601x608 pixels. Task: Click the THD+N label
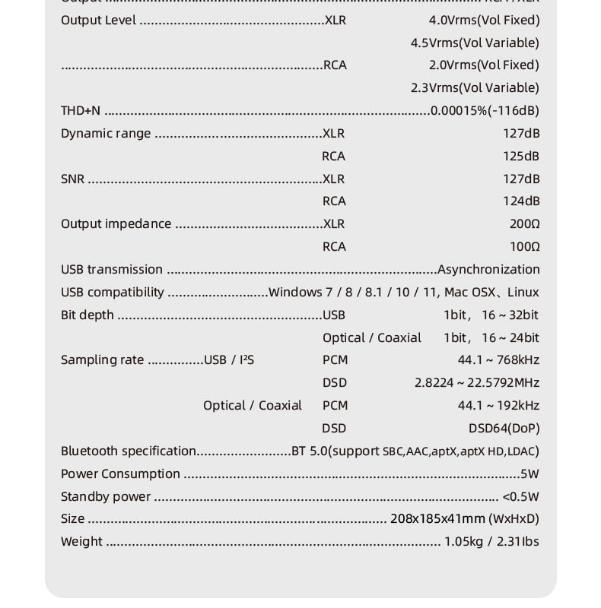pos(80,110)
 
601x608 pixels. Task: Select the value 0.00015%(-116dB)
pos(485,110)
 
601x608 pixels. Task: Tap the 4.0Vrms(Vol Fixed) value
pos(484,20)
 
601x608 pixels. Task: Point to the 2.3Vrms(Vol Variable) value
pos(475,87)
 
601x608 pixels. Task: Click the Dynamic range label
pos(106,133)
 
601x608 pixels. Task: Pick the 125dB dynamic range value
pos(521,156)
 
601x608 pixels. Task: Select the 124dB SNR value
pos(521,201)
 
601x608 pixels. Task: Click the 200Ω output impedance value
pos(524,223)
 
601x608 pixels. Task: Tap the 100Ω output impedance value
pos(524,246)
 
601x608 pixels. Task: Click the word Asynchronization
pos(488,269)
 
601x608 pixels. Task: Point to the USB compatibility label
pos(112,292)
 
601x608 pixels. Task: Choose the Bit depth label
pos(87,315)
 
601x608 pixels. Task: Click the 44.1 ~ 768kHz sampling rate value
pos(498,359)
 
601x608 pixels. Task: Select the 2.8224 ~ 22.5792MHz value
pos(476,382)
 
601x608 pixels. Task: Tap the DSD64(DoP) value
pos(504,428)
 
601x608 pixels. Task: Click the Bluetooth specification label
pos(128,451)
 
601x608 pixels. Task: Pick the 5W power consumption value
pos(529,473)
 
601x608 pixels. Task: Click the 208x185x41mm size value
pos(437,518)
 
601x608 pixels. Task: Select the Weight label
pos(81,541)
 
